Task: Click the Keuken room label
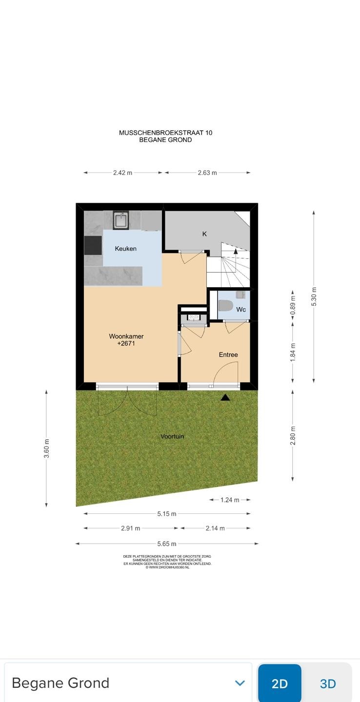125,249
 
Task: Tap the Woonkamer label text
126,336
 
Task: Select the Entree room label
228,354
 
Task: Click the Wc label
241,309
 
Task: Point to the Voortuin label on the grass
172,436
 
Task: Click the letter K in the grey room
204,234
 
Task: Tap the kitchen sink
121,221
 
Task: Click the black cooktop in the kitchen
93,245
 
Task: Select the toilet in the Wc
225,305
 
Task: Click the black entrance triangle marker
225,398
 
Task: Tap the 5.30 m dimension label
314,296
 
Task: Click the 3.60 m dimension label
46,448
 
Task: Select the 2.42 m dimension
122,173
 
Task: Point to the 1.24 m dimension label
230,500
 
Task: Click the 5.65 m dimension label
167,544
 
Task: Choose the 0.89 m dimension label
293,306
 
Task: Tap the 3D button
328,683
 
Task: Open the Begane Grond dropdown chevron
240,683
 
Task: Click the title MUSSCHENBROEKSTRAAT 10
165,133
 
